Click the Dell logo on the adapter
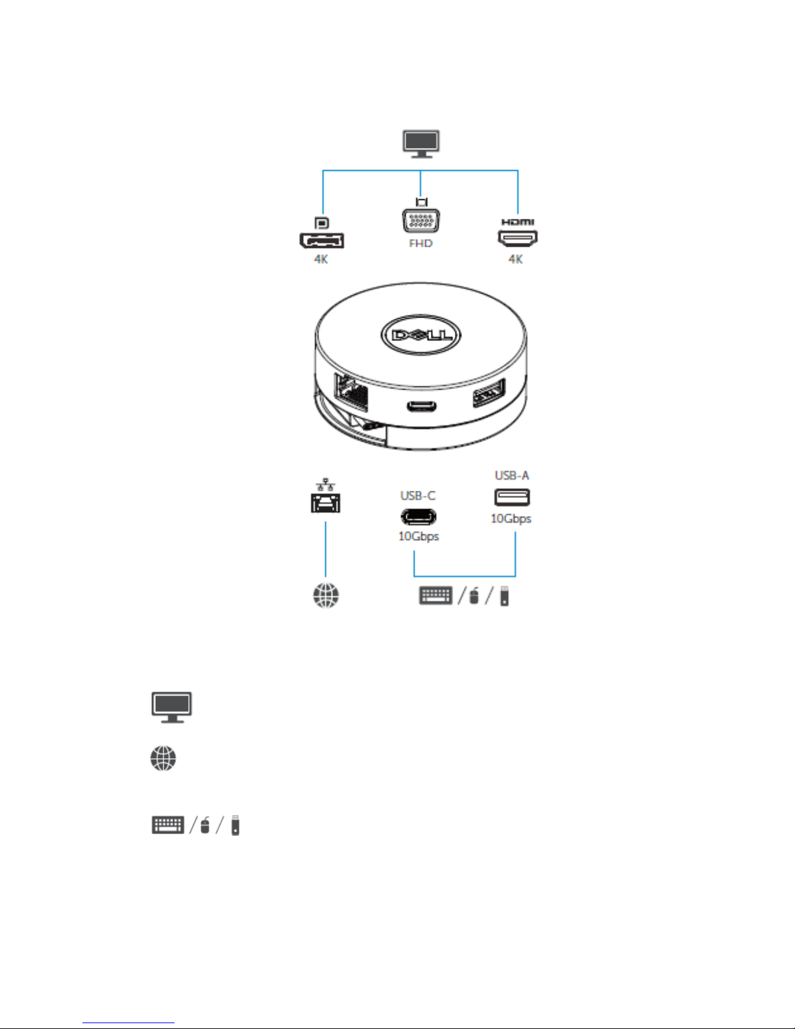coord(421,336)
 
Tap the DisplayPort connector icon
coord(321,240)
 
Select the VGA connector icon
coord(421,220)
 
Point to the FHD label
coord(421,243)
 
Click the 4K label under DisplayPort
coord(321,259)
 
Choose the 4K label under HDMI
coord(515,259)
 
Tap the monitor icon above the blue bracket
coord(421,143)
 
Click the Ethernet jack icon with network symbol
coord(325,497)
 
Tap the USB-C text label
coord(417,495)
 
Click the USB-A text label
coord(511,475)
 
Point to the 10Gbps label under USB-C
coord(419,536)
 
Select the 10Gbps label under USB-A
coord(511,519)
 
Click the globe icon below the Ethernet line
coord(326,595)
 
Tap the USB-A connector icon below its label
coord(511,497)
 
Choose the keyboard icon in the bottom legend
coord(168,825)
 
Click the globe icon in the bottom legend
coord(163,758)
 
